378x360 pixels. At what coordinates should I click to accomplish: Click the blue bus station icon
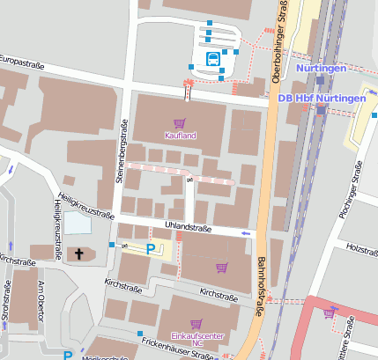[x=212, y=59]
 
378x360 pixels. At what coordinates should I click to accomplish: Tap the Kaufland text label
[x=180, y=136]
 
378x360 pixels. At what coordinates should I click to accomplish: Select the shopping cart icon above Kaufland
[x=180, y=123]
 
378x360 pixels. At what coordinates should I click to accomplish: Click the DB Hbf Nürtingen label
[x=321, y=98]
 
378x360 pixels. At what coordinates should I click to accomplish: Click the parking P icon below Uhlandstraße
[x=150, y=249]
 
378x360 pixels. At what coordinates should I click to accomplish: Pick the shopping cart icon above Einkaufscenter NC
[x=196, y=324]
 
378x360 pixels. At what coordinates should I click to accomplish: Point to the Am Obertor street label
[x=41, y=302]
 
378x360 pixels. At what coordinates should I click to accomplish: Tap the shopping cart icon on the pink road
[x=330, y=312]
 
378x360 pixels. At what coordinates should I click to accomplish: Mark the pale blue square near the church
[x=78, y=223]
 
